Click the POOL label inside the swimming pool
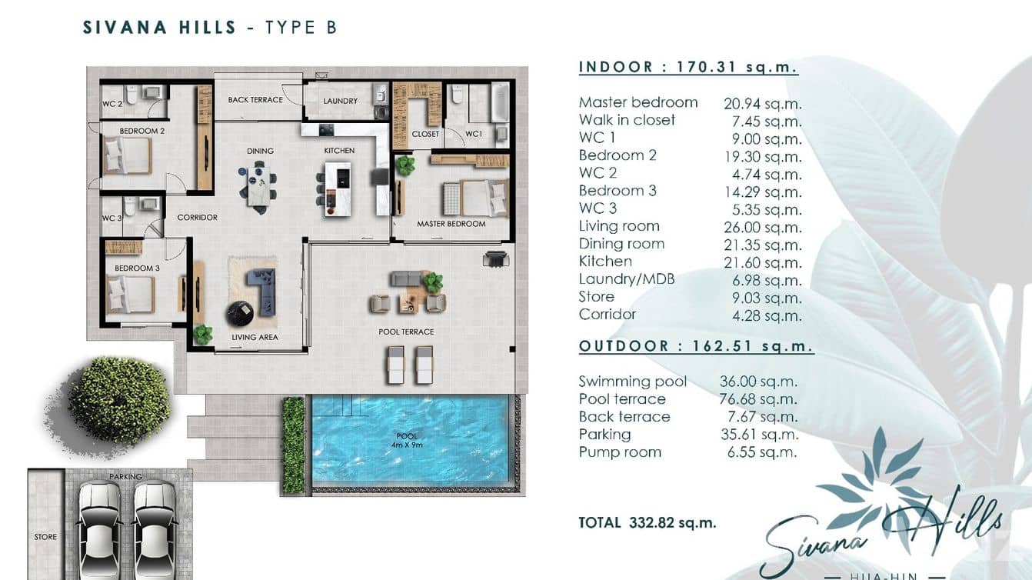[x=407, y=436]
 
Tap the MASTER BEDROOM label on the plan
[x=451, y=224]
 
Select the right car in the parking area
[x=155, y=527]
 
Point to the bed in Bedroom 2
[x=128, y=156]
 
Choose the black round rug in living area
[x=239, y=313]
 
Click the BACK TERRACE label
[x=255, y=100]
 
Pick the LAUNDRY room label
[x=340, y=101]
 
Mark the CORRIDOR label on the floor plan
[x=197, y=218]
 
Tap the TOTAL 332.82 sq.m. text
[x=647, y=523]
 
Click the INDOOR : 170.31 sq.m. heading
[x=687, y=67]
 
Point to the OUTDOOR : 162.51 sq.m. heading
[x=695, y=346]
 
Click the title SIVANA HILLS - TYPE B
[x=209, y=28]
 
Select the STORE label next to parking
[x=45, y=537]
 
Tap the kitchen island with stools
[x=337, y=188]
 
